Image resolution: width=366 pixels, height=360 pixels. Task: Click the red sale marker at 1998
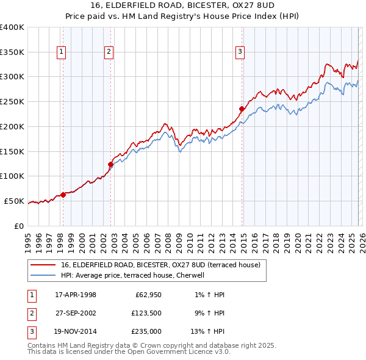pos(63,195)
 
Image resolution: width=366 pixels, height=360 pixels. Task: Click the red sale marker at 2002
pos(110,164)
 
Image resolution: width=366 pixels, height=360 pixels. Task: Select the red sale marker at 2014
pos(242,109)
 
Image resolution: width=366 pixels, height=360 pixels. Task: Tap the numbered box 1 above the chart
pos(62,52)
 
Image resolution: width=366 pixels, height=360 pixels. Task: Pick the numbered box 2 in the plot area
pos(109,52)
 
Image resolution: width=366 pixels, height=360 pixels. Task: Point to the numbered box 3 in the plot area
pos(240,52)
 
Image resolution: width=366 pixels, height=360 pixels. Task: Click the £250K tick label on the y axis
pos(12,101)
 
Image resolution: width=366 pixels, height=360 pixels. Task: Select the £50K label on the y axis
pos(15,201)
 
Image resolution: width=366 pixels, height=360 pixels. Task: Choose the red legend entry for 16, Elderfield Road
pos(160,265)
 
